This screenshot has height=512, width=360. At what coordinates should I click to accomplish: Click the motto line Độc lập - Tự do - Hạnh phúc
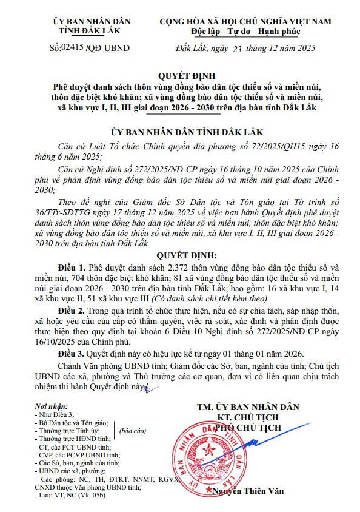tap(245, 30)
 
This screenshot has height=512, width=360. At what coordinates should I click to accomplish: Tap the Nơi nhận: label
tap(50, 405)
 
